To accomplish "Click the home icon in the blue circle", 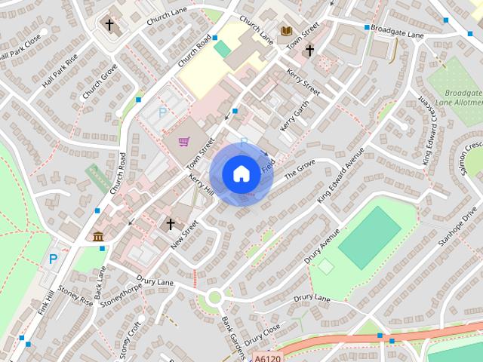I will click(x=241, y=174).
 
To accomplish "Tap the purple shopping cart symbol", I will click(x=183, y=142).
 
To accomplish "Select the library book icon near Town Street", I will click(x=287, y=31).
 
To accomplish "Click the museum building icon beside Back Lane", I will click(x=99, y=237).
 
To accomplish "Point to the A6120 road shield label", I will click(x=267, y=357).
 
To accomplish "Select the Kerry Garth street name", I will click(x=290, y=115).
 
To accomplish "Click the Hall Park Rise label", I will click(x=60, y=71).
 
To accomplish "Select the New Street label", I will click(x=183, y=235).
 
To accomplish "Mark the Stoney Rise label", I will click(x=75, y=294).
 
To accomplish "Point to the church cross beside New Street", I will click(x=171, y=224).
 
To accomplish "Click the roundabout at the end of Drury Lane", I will click(x=215, y=296).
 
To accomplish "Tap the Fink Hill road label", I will click(x=46, y=302).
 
